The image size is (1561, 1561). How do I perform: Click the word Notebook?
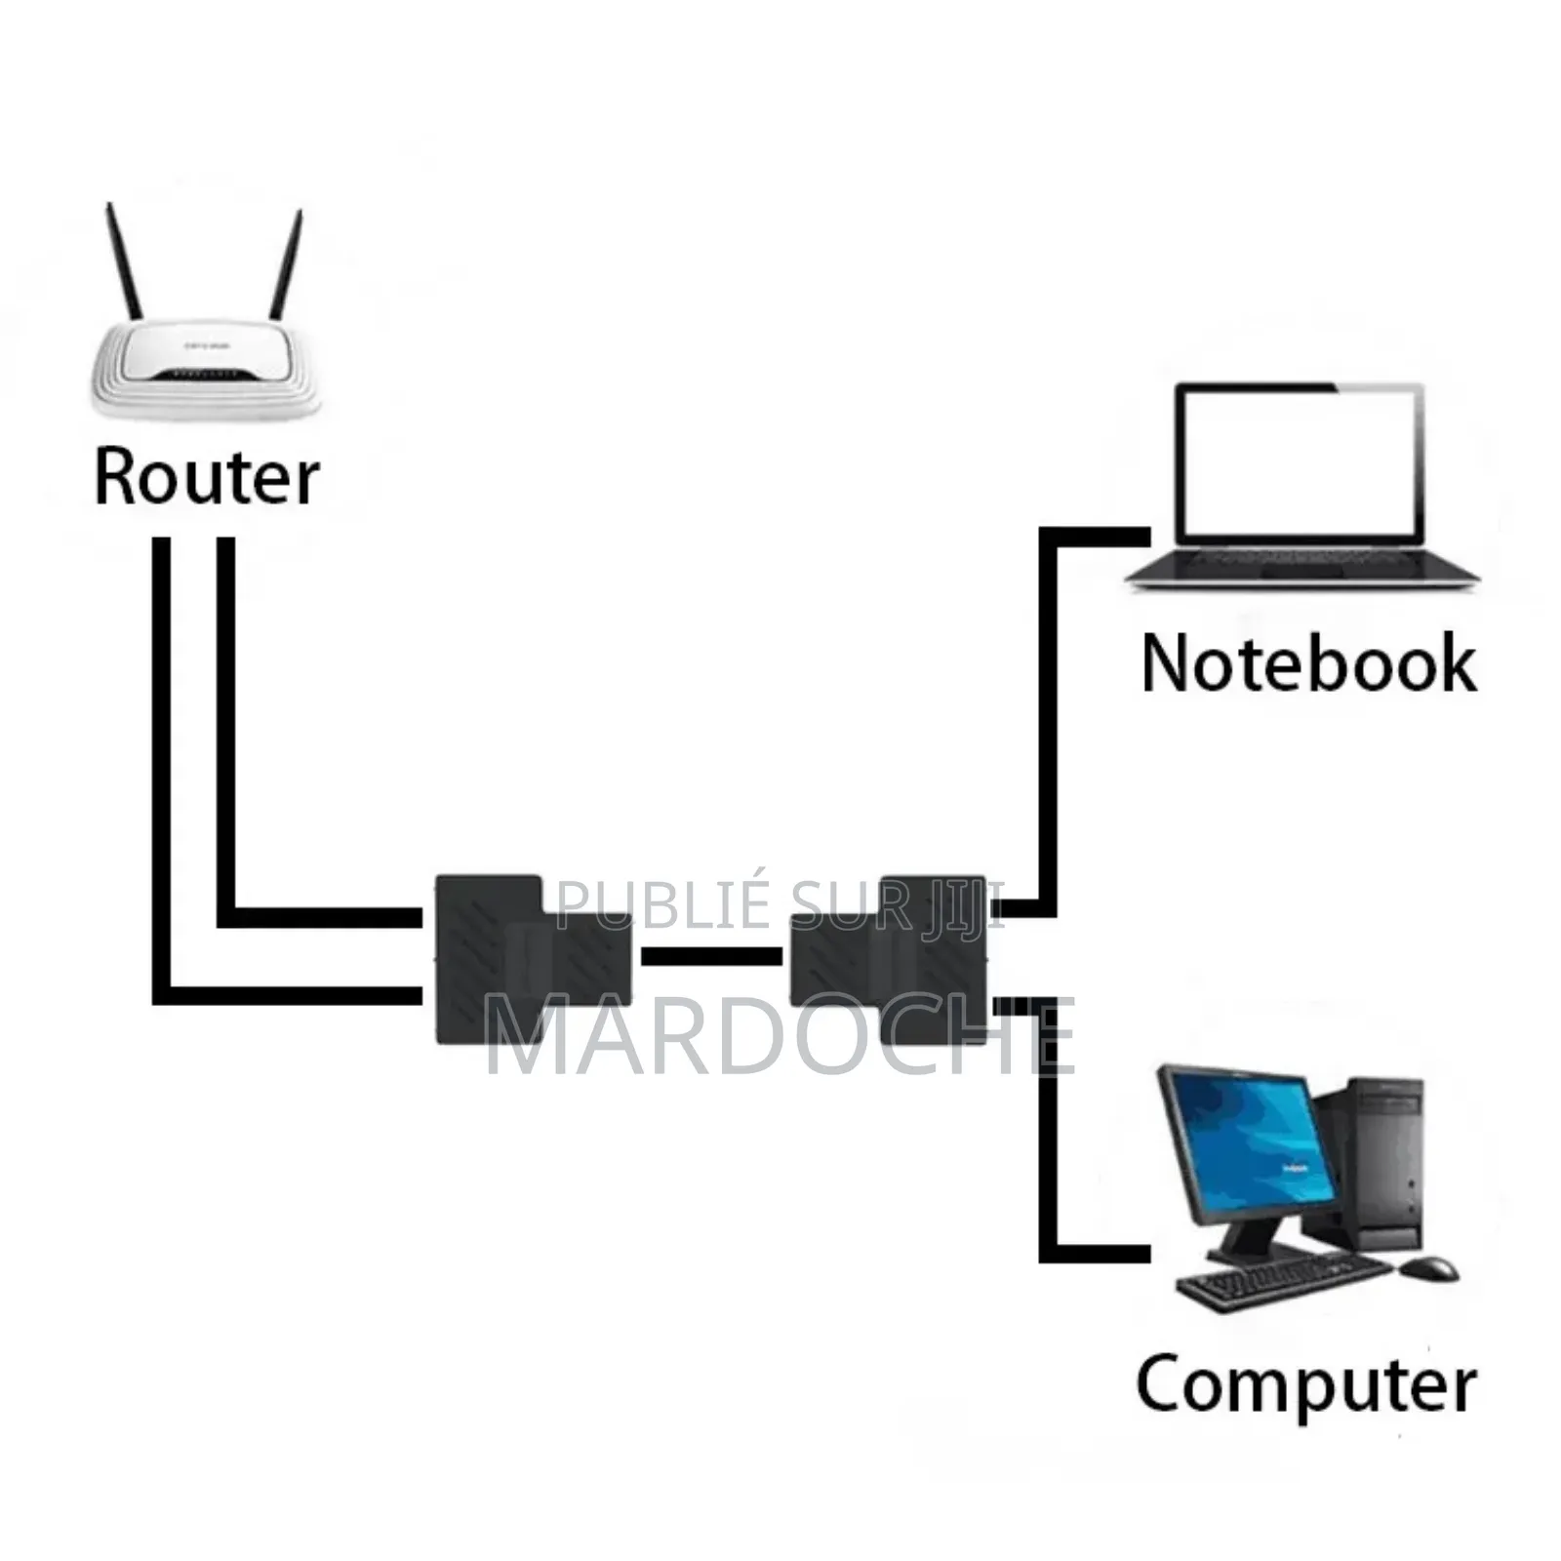click(1307, 663)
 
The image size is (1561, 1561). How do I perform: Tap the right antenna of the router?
click(287, 263)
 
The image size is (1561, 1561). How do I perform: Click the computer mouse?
click(1429, 1268)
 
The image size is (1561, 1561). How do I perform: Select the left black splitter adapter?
click(488, 961)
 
